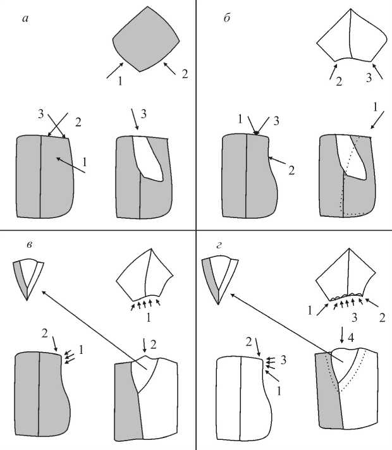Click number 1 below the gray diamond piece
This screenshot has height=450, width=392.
pyautogui.click(x=118, y=80)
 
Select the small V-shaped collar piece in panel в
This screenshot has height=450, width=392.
pyautogui.click(x=28, y=278)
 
